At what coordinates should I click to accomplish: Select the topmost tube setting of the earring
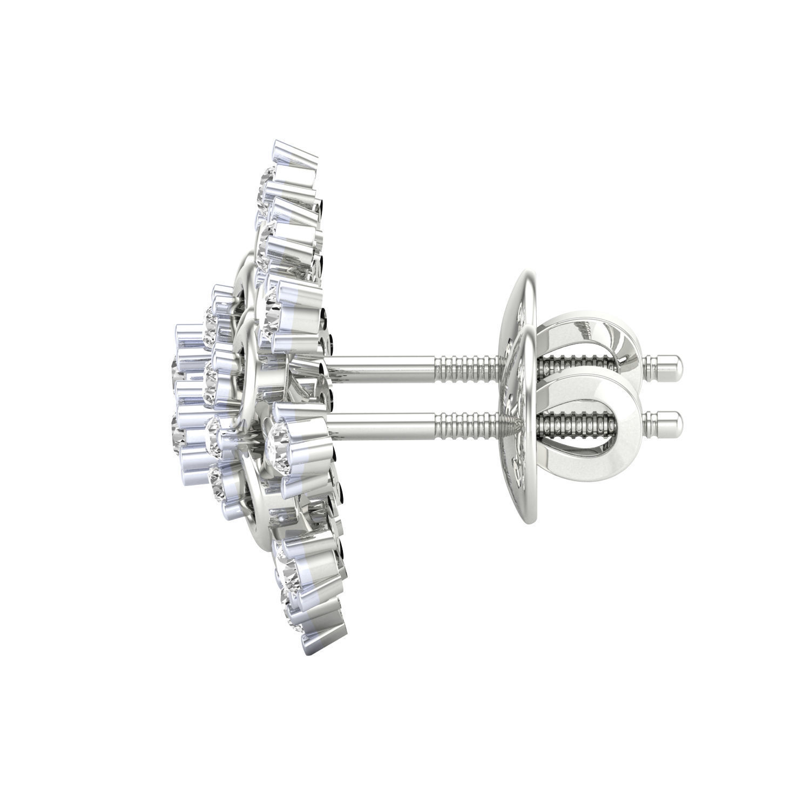click(294, 154)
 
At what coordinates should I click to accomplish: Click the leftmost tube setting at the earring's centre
click(186, 337)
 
